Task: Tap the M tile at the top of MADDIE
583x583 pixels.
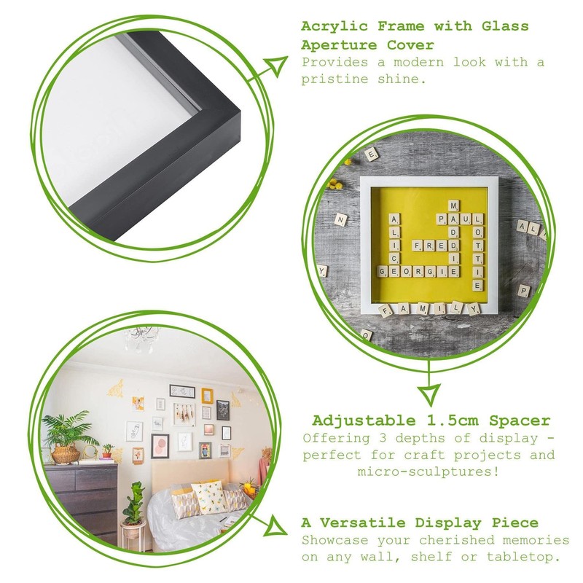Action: click(453, 206)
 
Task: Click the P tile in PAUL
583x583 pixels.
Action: click(440, 219)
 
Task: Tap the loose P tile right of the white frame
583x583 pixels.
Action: click(523, 290)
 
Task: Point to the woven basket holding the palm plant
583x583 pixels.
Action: click(66, 455)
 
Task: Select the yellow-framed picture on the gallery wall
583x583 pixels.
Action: click(207, 396)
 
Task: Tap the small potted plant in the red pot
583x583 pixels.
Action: click(108, 452)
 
